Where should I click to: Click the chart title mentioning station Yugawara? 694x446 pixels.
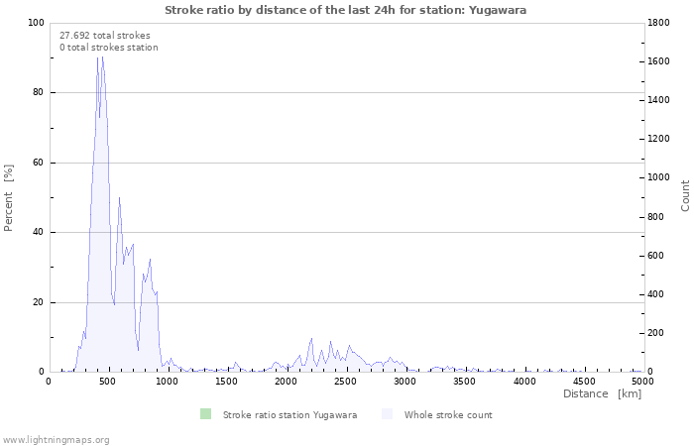coord(345,10)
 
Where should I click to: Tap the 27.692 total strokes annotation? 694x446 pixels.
coord(105,36)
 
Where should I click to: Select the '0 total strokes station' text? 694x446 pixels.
coord(109,48)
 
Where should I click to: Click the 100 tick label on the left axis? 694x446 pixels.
coord(36,23)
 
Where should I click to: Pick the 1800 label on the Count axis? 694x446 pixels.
coord(658,23)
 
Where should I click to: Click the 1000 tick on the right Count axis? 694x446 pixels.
coord(658,177)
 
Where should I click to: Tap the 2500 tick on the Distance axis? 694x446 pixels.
coord(345,382)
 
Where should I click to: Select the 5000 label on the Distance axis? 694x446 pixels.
coord(642,382)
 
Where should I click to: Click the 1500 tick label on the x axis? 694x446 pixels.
coord(227,382)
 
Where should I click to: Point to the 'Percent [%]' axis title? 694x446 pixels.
coord(8,198)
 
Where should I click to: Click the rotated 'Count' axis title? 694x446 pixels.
coord(685,195)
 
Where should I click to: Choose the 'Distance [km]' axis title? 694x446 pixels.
coord(603,393)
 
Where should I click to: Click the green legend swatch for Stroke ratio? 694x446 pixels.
coord(205,414)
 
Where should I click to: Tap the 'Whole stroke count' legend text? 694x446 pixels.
coord(448,415)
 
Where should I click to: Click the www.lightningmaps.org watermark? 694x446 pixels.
coord(56,440)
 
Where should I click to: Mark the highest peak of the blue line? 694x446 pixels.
coord(103,56)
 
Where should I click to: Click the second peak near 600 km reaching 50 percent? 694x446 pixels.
coord(119,197)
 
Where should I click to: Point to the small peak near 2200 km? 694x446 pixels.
coord(311,339)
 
